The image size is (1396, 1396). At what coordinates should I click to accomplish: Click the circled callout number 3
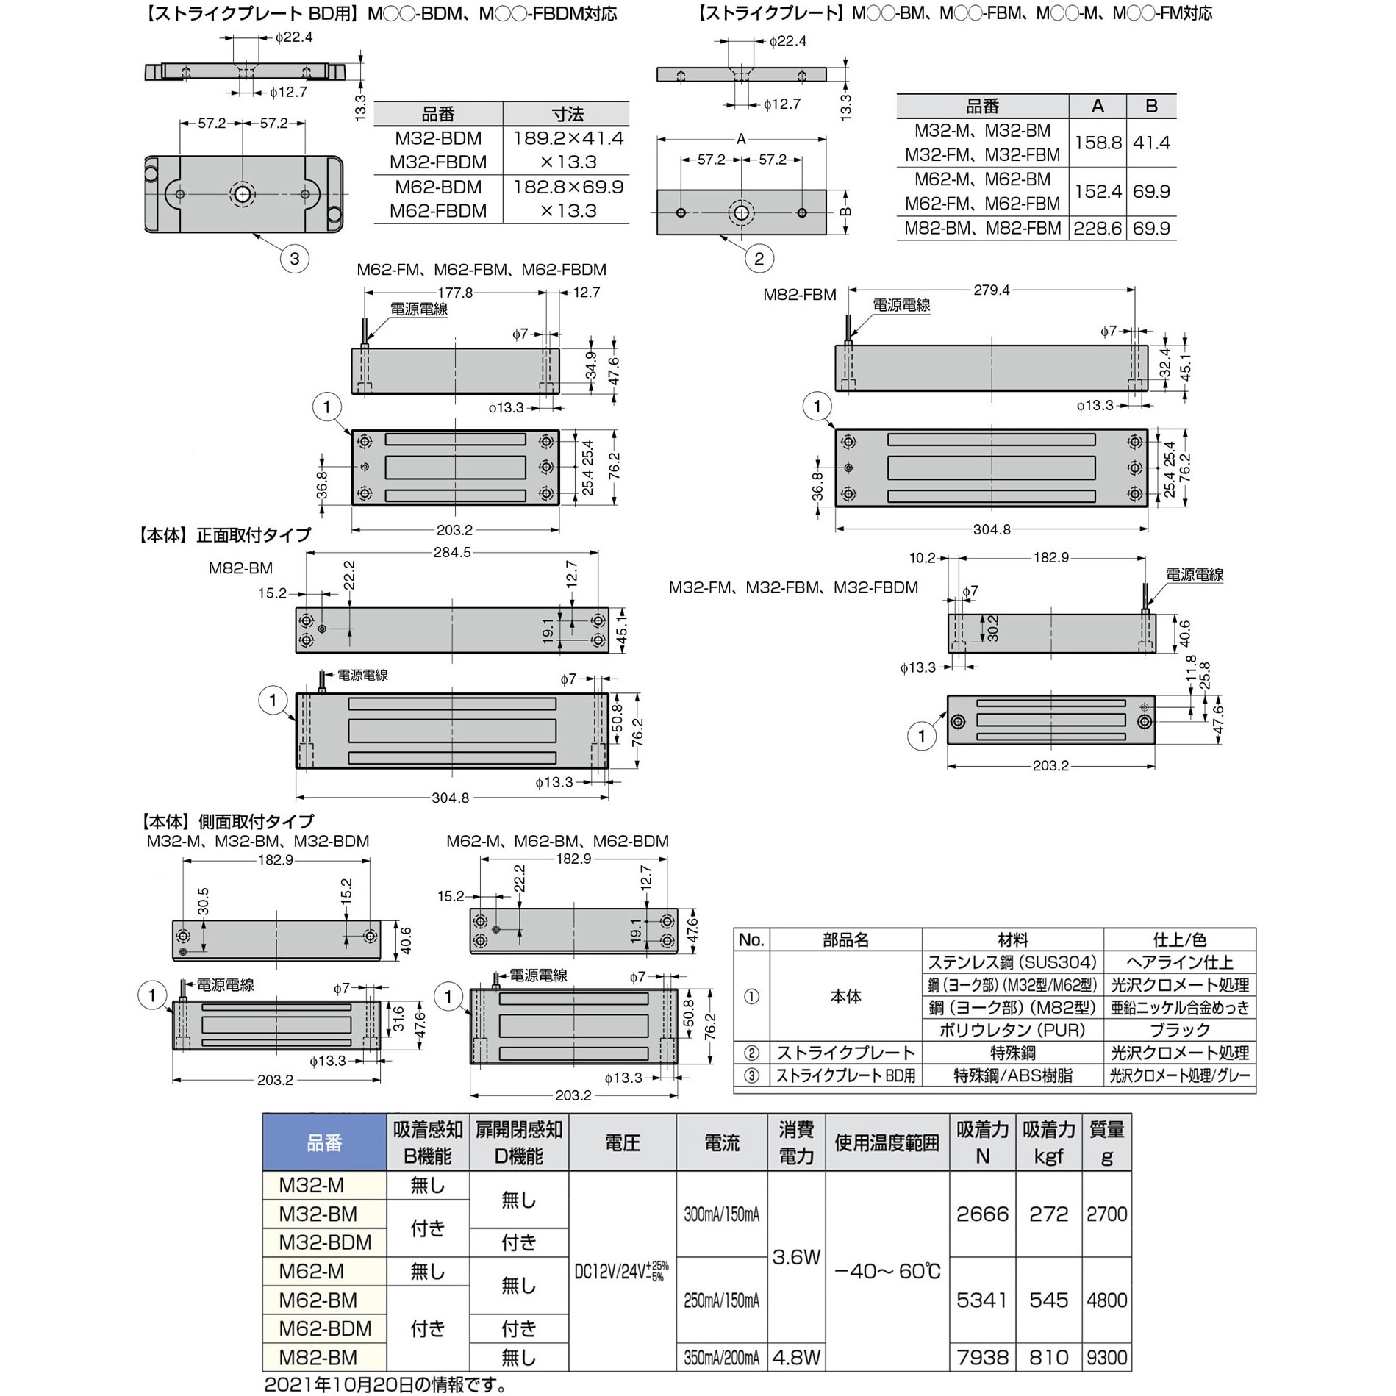click(295, 259)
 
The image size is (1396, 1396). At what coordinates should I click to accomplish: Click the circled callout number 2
click(759, 259)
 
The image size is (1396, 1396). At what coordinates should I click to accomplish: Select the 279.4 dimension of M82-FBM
click(992, 290)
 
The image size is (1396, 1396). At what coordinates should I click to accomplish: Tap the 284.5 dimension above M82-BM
click(452, 551)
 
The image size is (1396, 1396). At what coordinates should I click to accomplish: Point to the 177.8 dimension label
click(456, 293)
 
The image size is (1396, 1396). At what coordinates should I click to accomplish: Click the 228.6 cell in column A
click(1098, 229)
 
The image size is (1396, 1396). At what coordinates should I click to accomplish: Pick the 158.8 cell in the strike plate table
click(1098, 143)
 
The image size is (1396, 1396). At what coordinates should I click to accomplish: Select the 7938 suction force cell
click(982, 1356)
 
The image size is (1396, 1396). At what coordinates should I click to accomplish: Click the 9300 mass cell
click(1106, 1356)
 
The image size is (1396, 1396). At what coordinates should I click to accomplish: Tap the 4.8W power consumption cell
click(796, 1356)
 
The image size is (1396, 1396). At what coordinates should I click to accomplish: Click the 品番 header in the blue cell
click(324, 1142)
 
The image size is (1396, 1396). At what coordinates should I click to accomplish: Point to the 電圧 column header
click(622, 1142)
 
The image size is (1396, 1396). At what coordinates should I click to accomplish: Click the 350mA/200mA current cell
click(722, 1357)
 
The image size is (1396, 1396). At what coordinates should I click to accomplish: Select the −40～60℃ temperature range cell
click(887, 1271)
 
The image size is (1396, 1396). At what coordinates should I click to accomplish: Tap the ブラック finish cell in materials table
click(1179, 1030)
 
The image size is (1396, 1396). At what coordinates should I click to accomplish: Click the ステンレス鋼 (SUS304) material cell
click(1012, 962)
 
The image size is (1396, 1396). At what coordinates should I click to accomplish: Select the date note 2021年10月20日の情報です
click(385, 1384)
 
